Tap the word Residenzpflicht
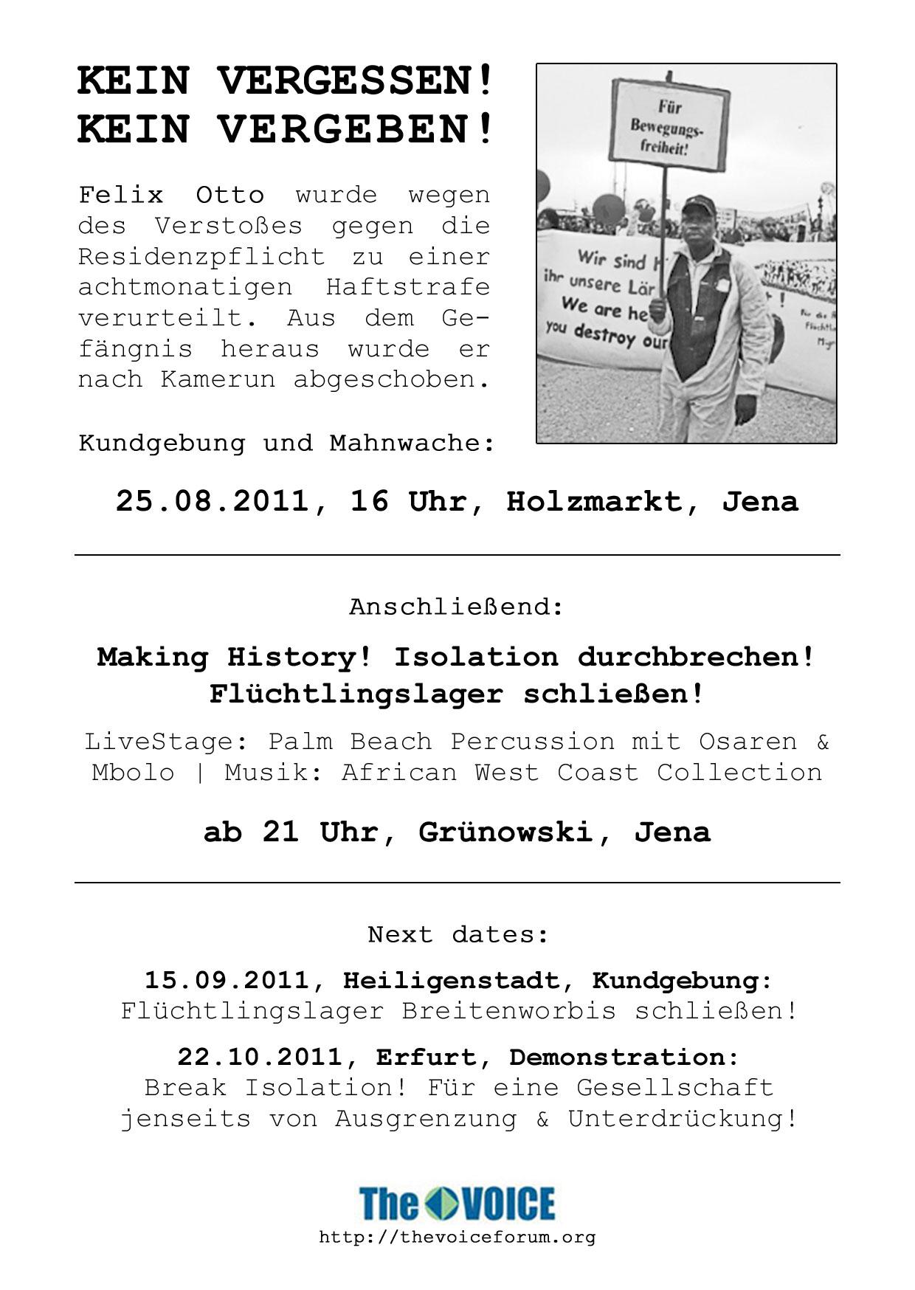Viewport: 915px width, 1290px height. coord(201,257)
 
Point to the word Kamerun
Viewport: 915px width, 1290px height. coord(218,379)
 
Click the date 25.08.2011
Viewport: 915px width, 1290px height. coord(212,502)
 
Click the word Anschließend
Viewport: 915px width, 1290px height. coord(456,607)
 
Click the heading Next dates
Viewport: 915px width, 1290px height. coord(458,935)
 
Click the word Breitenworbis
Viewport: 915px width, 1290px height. coord(508,1011)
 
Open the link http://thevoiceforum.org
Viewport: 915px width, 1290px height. coord(457,1237)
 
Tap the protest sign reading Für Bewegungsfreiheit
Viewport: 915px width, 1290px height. coord(669,126)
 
